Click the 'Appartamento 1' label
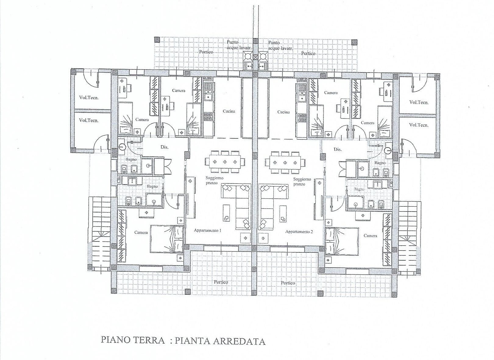click(x=208, y=231)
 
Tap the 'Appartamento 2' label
click(x=299, y=232)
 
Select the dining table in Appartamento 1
click(x=225, y=162)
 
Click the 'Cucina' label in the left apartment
click(x=229, y=112)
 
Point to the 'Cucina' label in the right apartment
click(x=283, y=112)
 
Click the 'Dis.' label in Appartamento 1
click(x=165, y=147)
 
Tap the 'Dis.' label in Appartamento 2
click(x=338, y=149)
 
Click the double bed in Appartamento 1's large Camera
click(x=166, y=239)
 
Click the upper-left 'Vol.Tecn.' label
click(x=89, y=98)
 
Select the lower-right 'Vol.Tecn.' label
click(x=419, y=125)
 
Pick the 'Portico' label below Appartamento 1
click(x=221, y=282)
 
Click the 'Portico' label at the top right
click(x=308, y=53)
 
